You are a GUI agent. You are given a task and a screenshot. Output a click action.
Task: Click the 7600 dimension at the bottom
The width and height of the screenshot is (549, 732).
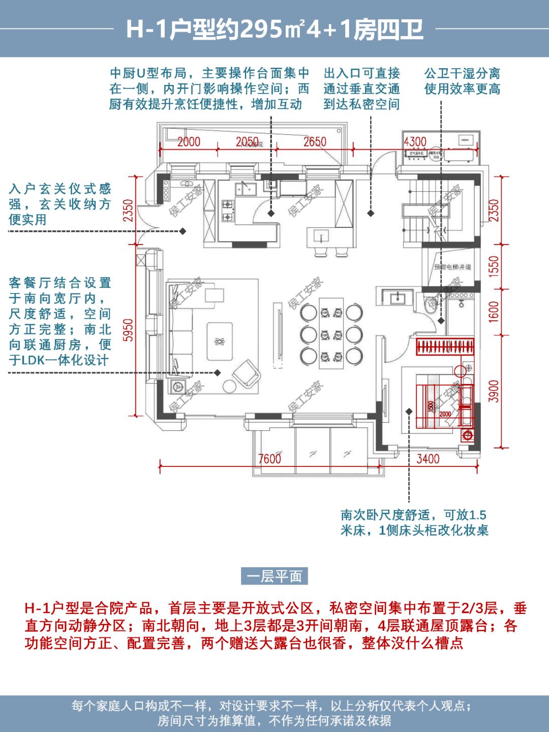269,458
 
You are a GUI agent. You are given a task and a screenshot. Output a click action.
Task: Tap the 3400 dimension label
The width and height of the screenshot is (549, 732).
428,458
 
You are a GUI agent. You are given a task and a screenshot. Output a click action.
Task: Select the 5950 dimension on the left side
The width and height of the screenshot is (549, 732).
128,330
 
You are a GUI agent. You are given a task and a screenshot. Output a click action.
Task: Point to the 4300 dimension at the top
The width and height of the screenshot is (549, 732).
415,141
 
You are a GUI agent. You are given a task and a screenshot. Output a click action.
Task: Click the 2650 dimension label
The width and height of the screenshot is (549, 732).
315,141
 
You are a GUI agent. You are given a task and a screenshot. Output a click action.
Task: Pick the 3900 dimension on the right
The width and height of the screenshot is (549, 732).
494,391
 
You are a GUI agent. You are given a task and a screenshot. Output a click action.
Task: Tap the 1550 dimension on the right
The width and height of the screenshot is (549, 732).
494,267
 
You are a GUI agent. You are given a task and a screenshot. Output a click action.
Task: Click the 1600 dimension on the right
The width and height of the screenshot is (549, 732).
494,311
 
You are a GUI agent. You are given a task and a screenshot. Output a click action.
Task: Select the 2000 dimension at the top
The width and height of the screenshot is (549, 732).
189,141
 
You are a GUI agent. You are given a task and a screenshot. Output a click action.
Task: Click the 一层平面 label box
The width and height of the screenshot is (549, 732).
274,576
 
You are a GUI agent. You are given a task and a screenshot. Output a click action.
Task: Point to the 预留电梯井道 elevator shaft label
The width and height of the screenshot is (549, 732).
452,267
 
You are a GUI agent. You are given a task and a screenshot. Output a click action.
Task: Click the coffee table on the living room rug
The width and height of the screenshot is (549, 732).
220,341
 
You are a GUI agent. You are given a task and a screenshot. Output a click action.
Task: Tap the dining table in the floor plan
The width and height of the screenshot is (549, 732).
331,333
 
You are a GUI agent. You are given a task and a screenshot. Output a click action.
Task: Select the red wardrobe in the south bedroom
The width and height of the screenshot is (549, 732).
445,347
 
